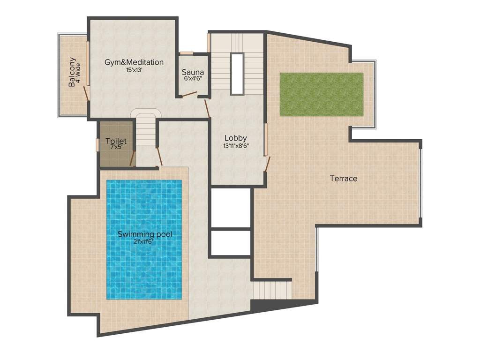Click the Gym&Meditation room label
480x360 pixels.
(x=134, y=62)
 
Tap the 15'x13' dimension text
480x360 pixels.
(x=134, y=70)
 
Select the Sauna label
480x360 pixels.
(x=193, y=73)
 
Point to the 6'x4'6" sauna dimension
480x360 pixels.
(x=193, y=79)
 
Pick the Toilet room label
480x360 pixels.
(x=116, y=141)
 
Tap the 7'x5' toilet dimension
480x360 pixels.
(x=116, y=147)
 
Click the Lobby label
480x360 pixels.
(x=235, y=138)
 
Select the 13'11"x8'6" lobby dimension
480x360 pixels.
(x=235, y=145)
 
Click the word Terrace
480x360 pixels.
(x=343, y=179)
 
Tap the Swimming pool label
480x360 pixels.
(x=142, y=234)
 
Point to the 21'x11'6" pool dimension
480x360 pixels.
(x=142, y=241)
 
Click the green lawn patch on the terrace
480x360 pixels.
(x=321, y=94)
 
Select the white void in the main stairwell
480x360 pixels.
(x=237, y=74)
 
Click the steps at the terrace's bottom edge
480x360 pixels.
(x=272, y=289)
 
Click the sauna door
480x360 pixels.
(x=190, y=94)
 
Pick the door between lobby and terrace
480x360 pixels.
(x=268, y=164)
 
